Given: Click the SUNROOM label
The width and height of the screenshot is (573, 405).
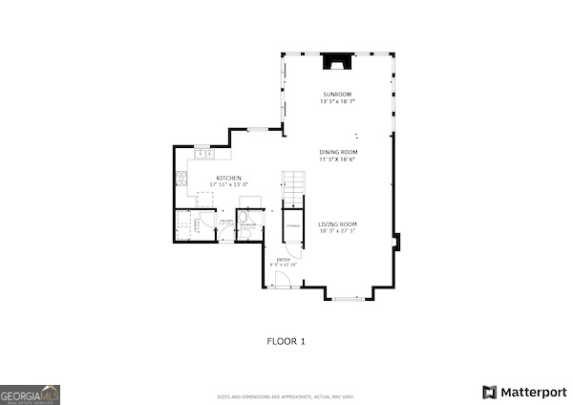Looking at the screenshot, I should click(338, 94).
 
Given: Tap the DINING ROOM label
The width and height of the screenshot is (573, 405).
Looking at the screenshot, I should click(338, 153).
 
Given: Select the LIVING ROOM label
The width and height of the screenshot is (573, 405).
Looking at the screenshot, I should click(338, 224).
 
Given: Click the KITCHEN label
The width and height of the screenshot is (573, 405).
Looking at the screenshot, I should click(228, 178).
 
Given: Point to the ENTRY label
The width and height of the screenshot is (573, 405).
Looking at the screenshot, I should click(284, 259).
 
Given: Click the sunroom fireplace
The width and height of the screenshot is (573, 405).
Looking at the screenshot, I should click(335, 62).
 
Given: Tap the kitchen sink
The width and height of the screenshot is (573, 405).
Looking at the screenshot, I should click(202, 154).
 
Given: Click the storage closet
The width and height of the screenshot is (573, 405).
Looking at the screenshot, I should click(292, 226).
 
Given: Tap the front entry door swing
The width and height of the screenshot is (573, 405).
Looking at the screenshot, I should click(283, 279).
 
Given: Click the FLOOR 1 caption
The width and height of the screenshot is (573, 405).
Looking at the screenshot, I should click(286, 340).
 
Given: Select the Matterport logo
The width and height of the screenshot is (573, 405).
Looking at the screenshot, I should click(524, 392).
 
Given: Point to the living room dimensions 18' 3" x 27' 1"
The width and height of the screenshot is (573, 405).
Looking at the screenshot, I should click(338, 231).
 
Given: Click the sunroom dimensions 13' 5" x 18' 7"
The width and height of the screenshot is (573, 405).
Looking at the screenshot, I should click(338, 100).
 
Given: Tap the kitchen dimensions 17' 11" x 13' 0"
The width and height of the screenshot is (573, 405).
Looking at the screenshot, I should click(228, 184).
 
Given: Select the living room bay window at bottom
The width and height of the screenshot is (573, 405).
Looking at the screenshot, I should click(347, 298).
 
